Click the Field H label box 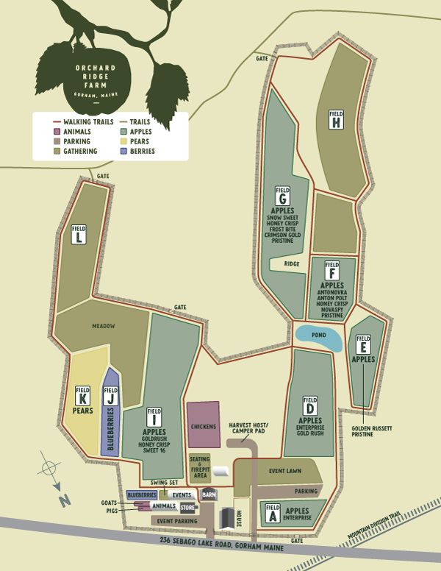pos(337,119)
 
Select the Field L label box pos(79,235)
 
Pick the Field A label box pos(273,512)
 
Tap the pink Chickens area pos(204,425)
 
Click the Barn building pos(209,494)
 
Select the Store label pos(187,508)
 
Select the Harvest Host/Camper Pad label pos(248,429)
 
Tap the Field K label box pos(83,394)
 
